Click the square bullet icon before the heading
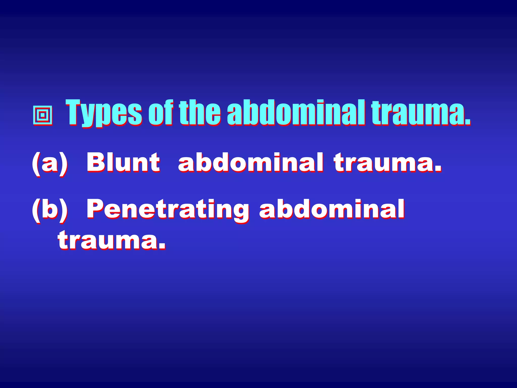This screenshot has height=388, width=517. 43,116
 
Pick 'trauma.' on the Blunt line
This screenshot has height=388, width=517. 387,163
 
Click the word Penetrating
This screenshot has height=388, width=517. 168,210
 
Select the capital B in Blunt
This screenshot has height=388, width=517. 96,162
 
